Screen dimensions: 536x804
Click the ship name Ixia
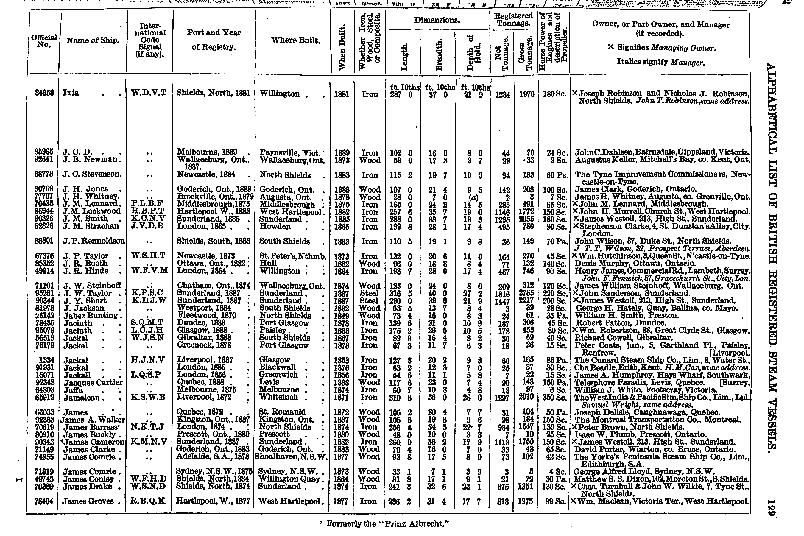(71, 93)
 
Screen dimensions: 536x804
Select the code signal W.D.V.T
(149, 93)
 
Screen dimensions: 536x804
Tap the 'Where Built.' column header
(296, 40)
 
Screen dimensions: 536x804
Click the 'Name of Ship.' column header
(93, 40)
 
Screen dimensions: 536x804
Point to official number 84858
(44, 93)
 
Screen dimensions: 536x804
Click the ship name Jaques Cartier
(93, 382)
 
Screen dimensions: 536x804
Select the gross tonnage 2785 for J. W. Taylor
(526, 293)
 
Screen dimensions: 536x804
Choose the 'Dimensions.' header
(437, 20)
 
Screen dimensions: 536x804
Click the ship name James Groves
(88, 501)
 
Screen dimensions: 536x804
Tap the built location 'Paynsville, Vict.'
(290, 153)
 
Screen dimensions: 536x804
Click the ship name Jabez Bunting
(91, 316)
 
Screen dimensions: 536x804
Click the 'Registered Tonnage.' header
(513, 19)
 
